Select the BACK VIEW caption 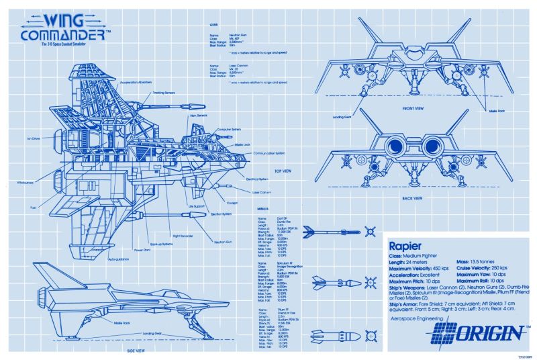pos(412,198)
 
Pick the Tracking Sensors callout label pos(164,93)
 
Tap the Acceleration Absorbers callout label pos(138,82)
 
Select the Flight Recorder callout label pos(184,236)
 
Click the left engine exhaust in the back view pos(396,146)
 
